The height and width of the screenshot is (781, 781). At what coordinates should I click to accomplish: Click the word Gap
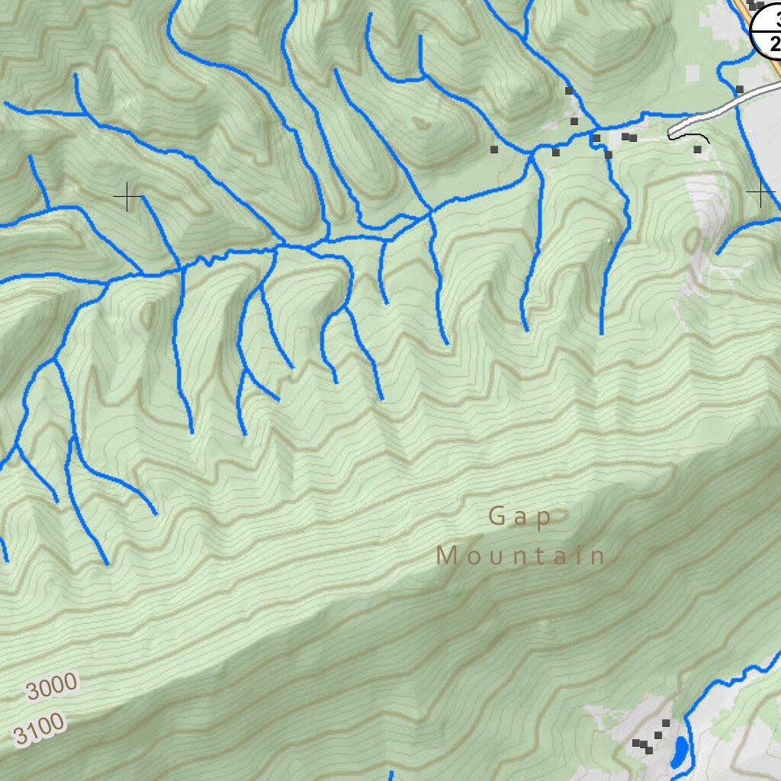tap(520, 516)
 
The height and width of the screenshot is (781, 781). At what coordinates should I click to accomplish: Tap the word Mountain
tap(521, 556)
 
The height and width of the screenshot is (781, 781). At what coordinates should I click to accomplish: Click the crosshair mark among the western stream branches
tap(127, 198)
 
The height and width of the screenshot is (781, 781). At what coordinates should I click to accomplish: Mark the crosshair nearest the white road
tap(760, 194)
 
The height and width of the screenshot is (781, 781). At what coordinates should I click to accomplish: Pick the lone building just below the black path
tap(697, 149)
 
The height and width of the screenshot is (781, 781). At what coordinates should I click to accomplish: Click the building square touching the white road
tap(739, 89)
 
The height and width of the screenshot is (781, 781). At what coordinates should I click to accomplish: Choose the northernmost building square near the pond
tap(666, 723)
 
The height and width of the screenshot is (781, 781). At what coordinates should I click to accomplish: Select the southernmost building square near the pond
tap(648, 750)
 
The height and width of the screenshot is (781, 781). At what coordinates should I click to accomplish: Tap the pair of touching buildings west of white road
tap(629, 137)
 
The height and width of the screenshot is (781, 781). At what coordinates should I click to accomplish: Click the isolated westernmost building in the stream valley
tap(493, 149)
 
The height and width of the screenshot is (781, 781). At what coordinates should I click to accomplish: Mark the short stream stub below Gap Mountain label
tap(390, 775)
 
